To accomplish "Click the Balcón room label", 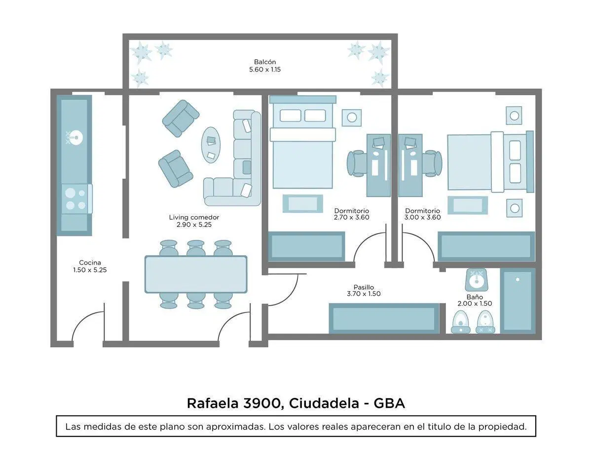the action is (265, 66).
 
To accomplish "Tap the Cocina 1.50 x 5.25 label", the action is (90, 266).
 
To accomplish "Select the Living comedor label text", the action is (194, 218).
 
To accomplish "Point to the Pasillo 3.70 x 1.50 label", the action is (364, 290).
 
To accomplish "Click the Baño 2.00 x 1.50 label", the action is (475, 300).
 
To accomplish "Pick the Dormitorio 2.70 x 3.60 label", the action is (351, 214).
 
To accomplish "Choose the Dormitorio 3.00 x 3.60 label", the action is (423, 214).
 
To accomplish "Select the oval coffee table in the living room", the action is (211, 145).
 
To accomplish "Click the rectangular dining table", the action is (196, 274).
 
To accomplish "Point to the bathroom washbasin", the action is (476, 280).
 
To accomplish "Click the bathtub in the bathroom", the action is (518, 301).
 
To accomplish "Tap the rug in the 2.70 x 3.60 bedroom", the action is (303, 203).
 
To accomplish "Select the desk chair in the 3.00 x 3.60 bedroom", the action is (432, 163).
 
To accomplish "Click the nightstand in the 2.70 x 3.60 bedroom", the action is (352, 117).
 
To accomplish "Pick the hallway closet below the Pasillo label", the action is (384, 318).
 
